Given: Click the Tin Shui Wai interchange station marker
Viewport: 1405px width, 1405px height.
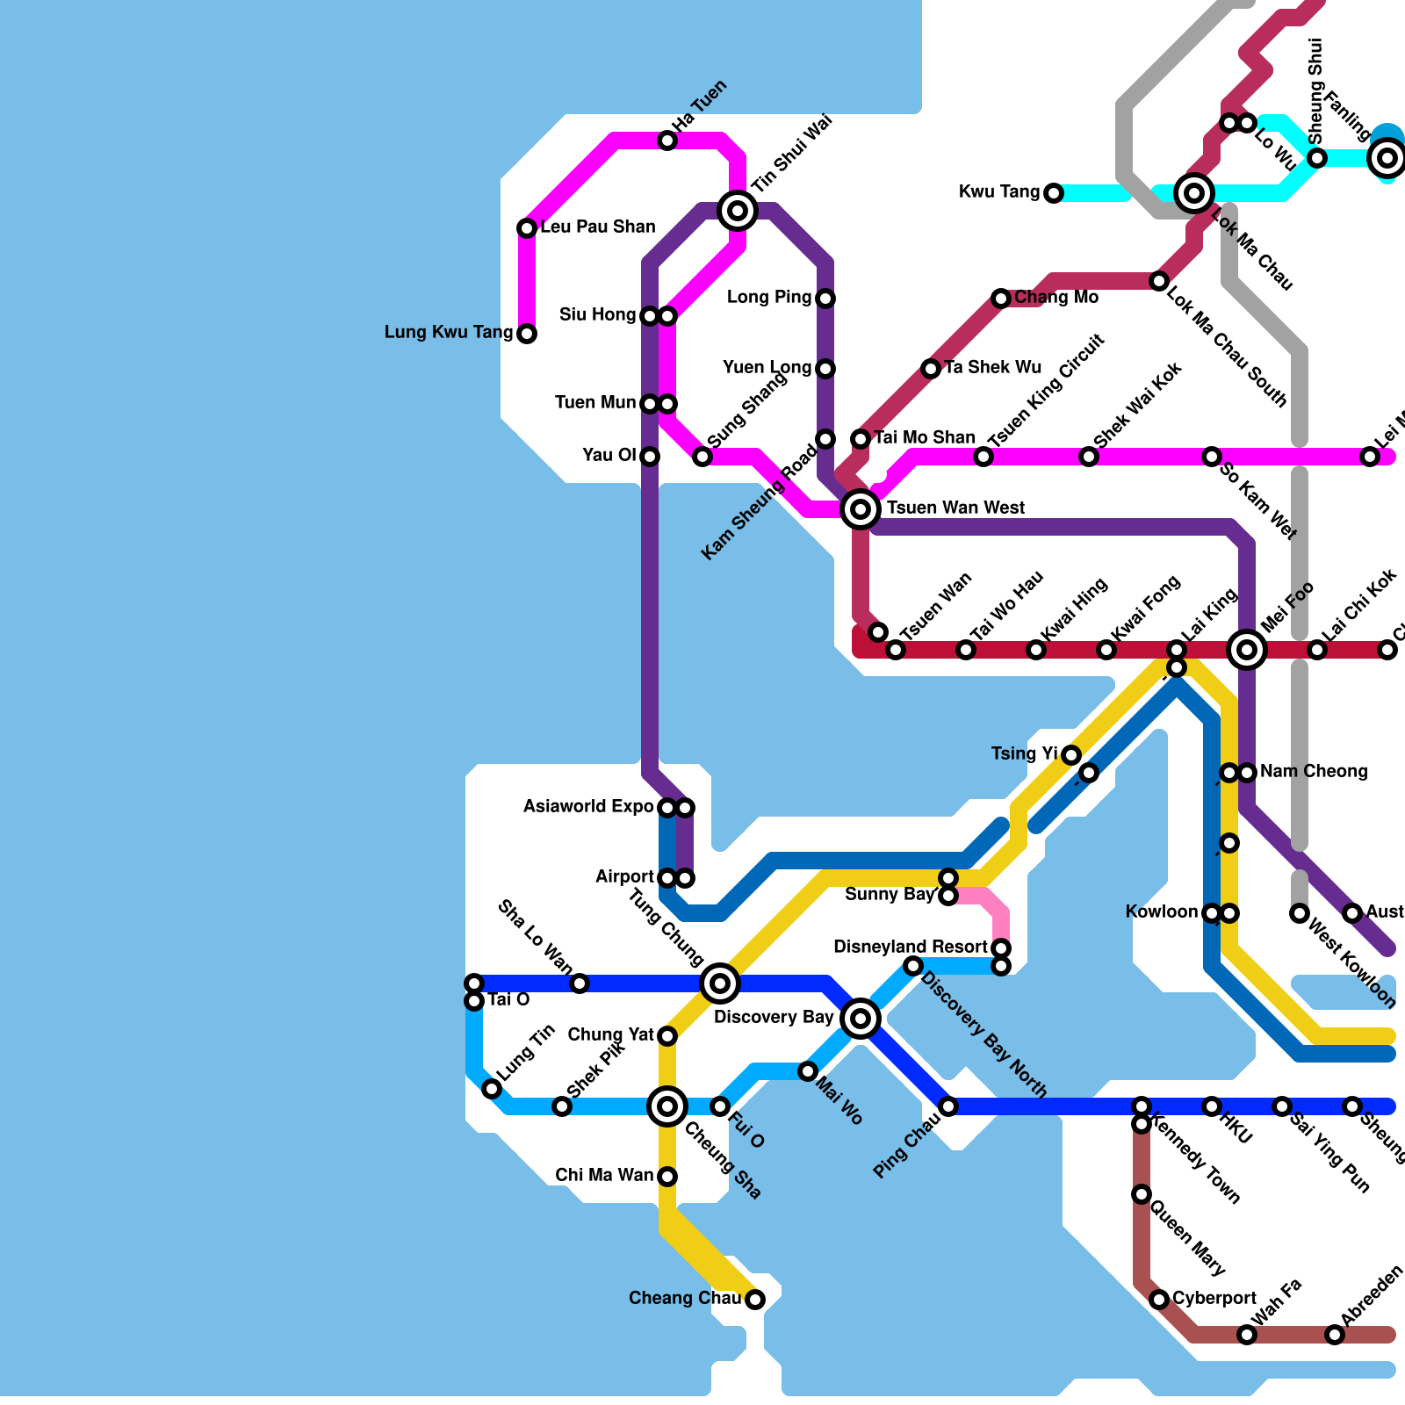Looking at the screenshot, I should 738,211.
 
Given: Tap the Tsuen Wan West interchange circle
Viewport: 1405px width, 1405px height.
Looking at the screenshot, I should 861,508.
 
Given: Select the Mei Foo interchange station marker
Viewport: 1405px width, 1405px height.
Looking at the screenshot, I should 1247,650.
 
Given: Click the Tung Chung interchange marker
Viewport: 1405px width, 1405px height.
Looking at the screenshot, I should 720,983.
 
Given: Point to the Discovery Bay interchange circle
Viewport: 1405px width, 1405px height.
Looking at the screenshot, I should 861,1019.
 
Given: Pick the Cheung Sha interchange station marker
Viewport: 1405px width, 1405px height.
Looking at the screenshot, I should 667,1106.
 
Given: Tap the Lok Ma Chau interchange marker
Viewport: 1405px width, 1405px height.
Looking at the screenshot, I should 1194,192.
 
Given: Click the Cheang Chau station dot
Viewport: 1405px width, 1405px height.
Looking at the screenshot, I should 755,1300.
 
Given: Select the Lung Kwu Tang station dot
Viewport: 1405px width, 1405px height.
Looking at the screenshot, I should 527,334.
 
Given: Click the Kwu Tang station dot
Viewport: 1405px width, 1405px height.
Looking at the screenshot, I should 1054,193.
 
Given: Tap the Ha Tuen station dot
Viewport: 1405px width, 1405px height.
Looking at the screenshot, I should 667,140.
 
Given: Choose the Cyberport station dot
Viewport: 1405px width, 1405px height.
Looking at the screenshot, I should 1159,1300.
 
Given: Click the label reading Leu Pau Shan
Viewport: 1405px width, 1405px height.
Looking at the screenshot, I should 597,227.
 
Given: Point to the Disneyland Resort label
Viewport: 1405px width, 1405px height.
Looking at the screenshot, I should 911,947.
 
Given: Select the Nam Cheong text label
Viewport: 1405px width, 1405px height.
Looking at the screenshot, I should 1314,772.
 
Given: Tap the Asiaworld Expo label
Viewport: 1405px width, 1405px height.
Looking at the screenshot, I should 588,807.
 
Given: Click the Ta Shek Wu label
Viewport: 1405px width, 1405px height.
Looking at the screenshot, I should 992,368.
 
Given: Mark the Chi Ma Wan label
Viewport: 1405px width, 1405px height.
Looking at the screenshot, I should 604,1176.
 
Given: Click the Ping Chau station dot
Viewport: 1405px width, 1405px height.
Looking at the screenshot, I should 948,1106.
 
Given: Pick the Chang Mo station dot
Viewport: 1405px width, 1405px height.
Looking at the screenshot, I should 1001,299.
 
